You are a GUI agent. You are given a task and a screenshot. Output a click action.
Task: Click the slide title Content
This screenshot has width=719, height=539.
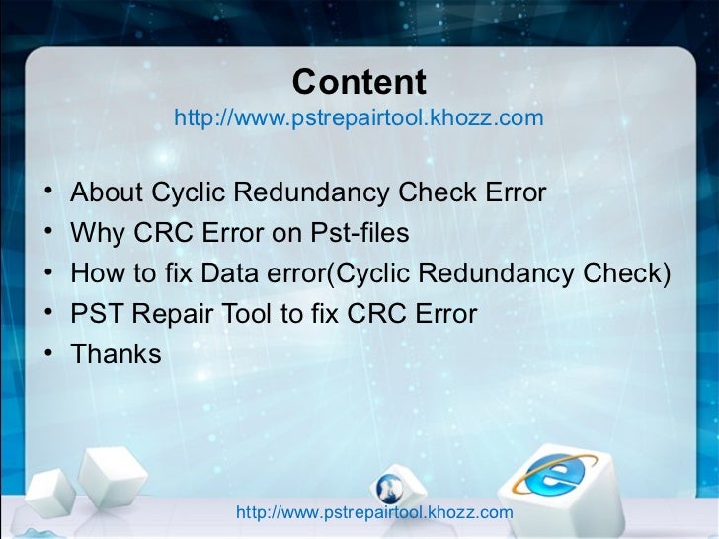(x=359, y=82)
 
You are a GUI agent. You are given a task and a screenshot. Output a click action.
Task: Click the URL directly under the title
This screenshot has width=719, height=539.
(x=359, y=119)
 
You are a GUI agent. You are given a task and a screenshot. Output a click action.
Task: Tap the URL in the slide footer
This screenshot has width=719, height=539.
(x=375, y=513)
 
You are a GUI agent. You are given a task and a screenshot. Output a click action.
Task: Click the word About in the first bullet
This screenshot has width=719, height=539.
(x=106, y=192)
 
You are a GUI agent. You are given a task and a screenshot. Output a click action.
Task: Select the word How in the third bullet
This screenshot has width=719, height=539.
(x=96, y=273)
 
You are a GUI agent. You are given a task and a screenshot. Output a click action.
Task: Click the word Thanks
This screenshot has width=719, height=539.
(x=116, y=354)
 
